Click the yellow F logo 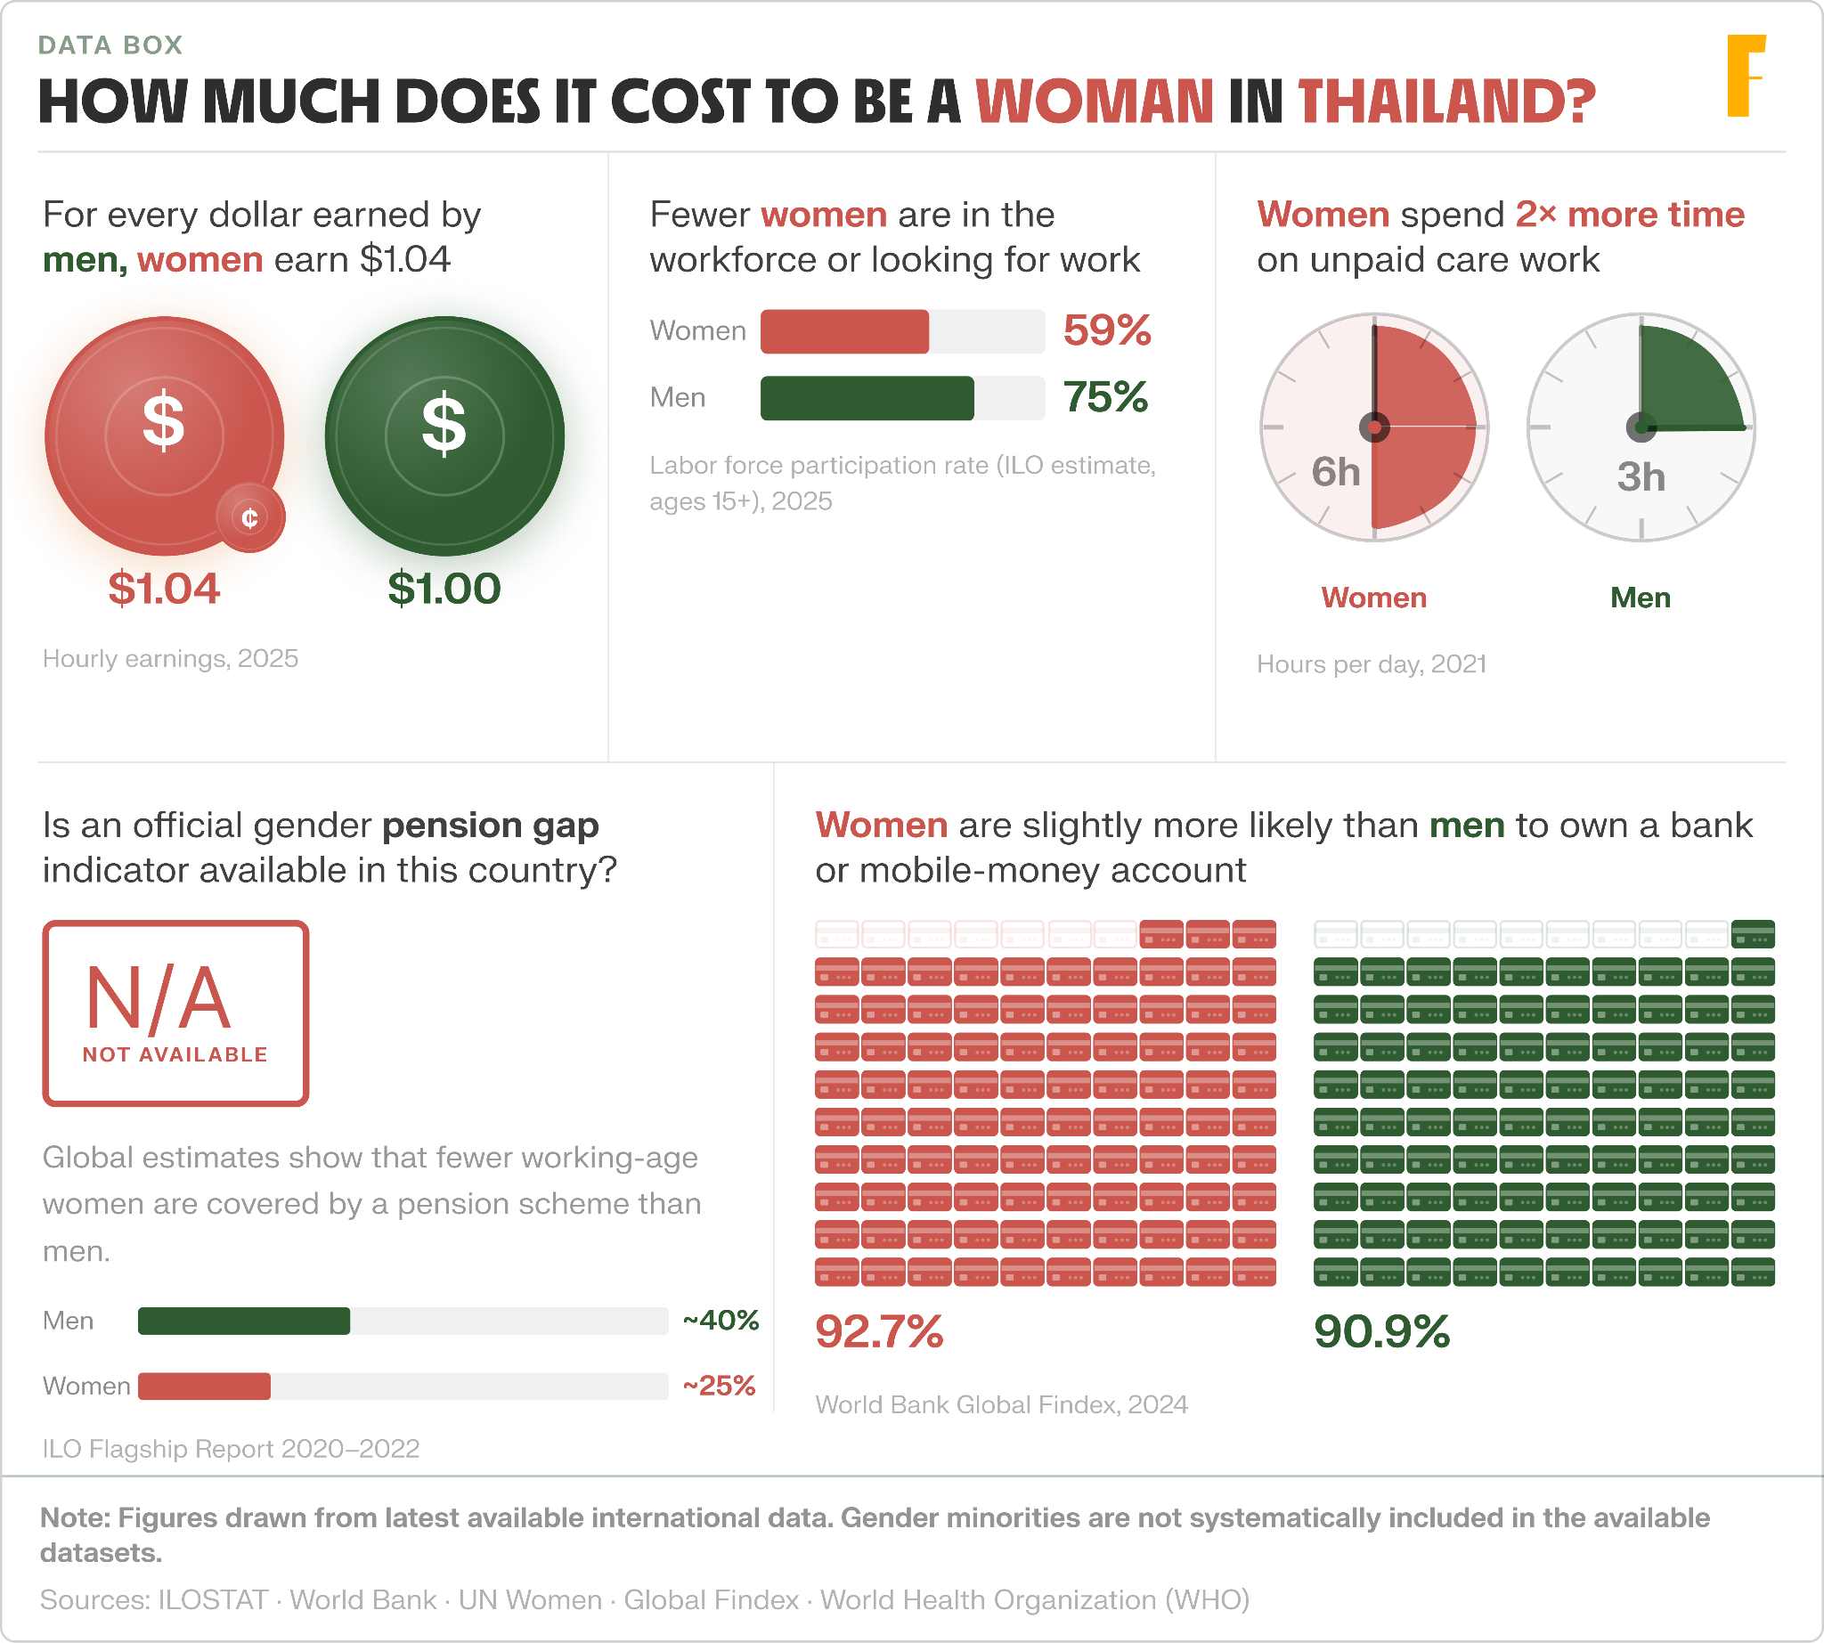coord(1746,76)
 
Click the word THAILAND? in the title coord(1446,102)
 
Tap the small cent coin coord(250,517)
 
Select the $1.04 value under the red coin coord(165,589)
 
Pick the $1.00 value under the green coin coord(444,589)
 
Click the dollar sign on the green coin coord(444,424)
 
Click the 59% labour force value coord(1107,330)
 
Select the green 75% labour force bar coord(867,398)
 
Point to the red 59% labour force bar coord(844,331)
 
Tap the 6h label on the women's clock coord(1336,472)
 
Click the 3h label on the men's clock coord(1641,476)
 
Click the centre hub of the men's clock coord(1641,427)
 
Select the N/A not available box coord(176,1013)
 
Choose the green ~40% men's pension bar coord(244,1321)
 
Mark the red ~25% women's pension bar coord(204,1387)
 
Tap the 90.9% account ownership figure coord(1381,1331)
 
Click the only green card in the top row coord(1753,933)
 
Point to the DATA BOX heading coord(110,45)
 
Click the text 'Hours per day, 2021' coord(1372,664)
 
